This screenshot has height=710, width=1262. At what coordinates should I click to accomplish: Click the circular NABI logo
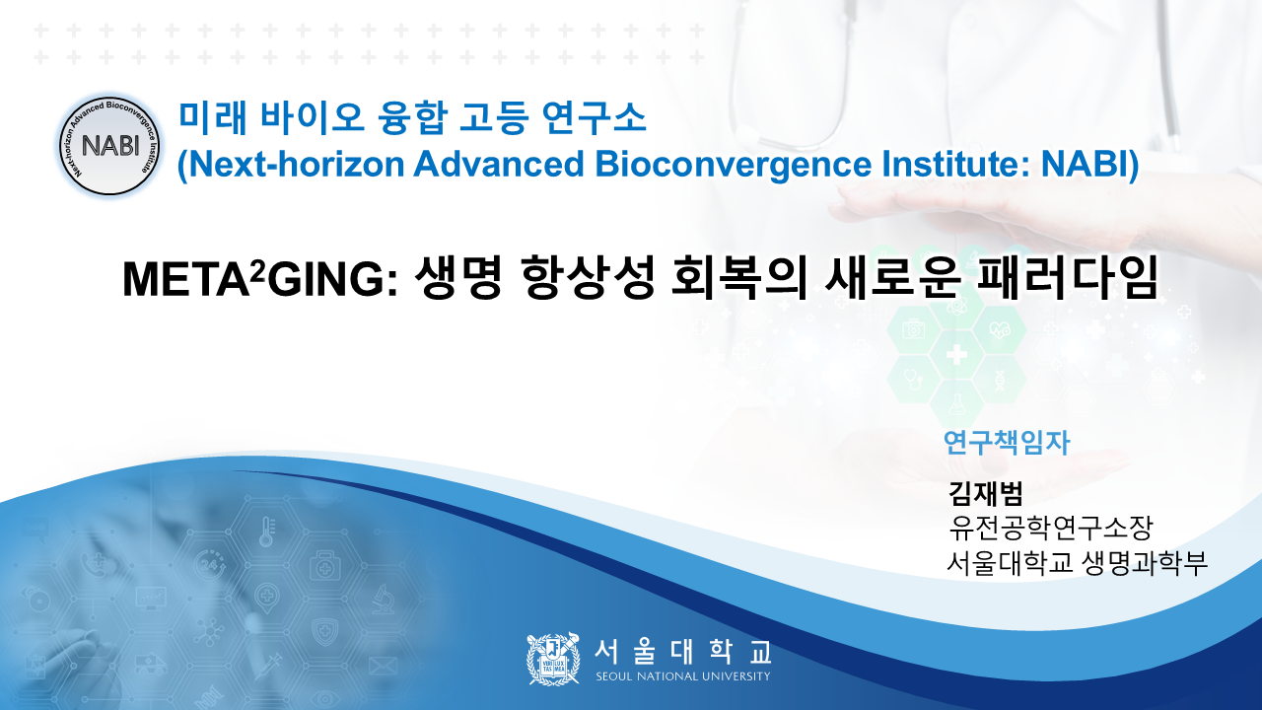coord(109,145)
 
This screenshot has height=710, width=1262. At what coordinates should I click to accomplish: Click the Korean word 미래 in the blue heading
coord(213,117)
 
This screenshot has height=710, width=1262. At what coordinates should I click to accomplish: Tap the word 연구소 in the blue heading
coord(594,117)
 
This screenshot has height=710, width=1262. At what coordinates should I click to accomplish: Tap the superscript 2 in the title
coord(257,271)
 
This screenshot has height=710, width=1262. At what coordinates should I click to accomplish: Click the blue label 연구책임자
coord(1007,443)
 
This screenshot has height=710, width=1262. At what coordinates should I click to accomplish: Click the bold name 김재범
coord(985,493)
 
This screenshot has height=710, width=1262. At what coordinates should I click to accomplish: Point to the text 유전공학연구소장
coord(1051,528)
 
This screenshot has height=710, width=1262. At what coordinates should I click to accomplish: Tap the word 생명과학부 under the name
coord(1145,562)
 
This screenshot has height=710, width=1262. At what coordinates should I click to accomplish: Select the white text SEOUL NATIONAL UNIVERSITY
coord(683,676)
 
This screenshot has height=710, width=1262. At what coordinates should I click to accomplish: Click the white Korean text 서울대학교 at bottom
coord(683,651)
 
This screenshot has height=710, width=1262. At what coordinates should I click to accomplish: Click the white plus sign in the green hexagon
coord(956,355)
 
